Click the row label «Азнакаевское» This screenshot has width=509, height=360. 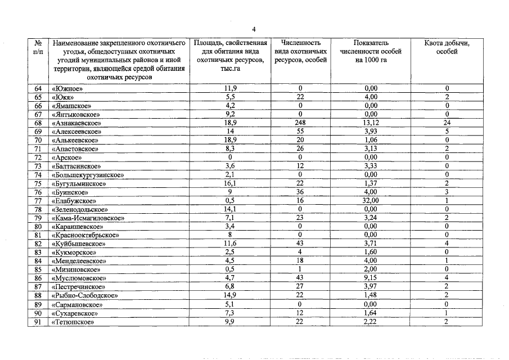[x=76, y=123]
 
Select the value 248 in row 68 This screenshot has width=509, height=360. [x=301, y=123]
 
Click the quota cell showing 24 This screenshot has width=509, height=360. [x=447, y=123]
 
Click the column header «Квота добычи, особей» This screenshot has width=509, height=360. [x=447, y=47]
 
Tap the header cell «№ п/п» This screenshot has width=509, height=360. [x=39, y=47]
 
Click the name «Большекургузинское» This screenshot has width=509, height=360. [x=87, y=175]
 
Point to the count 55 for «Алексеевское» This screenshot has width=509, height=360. [x=301, y=132]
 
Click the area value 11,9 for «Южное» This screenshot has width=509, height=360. [x=229, y=88]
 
